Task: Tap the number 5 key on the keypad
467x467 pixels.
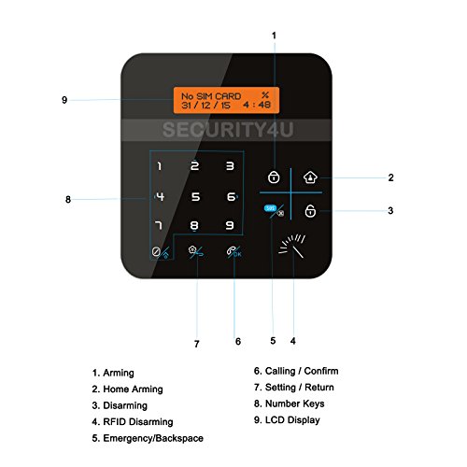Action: coord(195,196)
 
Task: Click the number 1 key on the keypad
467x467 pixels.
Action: coord(160,166)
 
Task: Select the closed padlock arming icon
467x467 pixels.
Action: coord(274,177)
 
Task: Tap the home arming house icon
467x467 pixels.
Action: coord(310,177)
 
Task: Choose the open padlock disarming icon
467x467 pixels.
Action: coord(310,210)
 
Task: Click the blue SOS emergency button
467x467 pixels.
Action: coord(270,208)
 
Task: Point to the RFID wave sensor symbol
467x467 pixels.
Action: coord(291,246)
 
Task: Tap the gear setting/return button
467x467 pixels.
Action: coord(196,251)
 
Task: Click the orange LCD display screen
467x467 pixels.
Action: coord(226,100)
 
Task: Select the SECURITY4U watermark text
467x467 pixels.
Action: coord(228,130)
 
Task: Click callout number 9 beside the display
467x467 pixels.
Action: coord(64,100)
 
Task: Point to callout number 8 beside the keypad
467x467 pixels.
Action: coord(68,199)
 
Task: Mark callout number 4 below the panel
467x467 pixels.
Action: coord(293,341)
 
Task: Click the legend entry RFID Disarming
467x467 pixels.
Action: coord(133,422)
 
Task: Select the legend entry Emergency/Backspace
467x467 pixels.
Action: coord(148,438)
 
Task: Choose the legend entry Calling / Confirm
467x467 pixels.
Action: coord(296,371)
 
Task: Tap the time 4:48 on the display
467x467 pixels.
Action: coord(257,105)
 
